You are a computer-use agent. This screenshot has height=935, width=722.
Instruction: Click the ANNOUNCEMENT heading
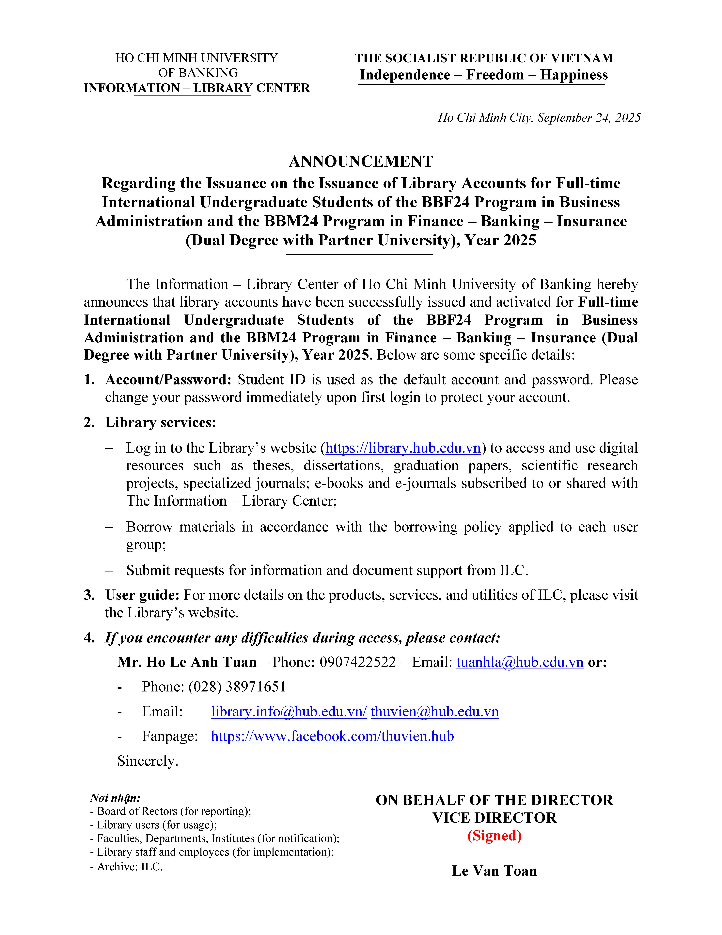tap(361, 161)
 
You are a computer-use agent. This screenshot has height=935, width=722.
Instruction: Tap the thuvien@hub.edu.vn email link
tap(435, 712)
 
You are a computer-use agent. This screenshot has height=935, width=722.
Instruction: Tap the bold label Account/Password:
tap(168, 380)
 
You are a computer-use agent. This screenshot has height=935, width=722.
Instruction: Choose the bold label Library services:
tap(161, 423)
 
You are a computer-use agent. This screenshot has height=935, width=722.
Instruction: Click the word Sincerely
tap(148, 761)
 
